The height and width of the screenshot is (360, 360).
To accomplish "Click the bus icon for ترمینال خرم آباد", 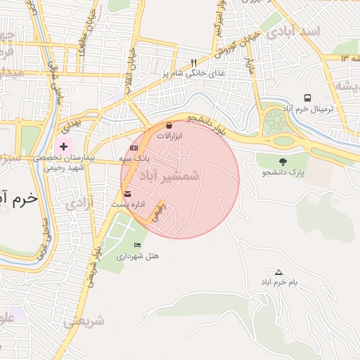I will (308, 98).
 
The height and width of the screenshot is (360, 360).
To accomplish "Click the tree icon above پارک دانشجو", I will (283, 162).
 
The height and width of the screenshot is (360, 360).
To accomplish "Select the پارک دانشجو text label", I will (283, 172).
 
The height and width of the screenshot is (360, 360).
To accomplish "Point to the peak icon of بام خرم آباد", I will (279, 271).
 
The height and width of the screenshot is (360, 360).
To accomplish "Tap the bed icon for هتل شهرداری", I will (137, 245).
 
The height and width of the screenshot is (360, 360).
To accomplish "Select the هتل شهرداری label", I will (138, 256).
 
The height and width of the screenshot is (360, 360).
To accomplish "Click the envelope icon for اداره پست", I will (127, 193).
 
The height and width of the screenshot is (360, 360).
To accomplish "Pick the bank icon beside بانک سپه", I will (134, 148).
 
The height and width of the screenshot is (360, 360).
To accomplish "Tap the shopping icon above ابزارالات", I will (169, 124).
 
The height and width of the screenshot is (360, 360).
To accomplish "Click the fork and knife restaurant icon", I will (194, 62).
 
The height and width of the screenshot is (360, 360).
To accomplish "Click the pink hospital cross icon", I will (64, 146).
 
